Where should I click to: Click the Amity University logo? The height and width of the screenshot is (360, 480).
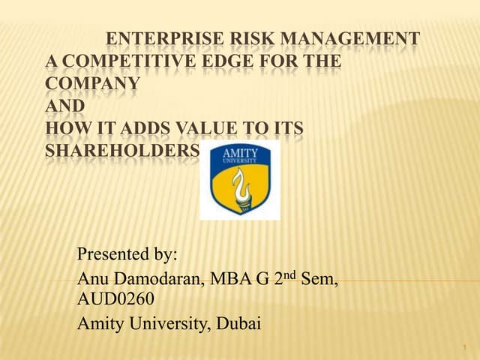pyautogui.click(x=239, y=180)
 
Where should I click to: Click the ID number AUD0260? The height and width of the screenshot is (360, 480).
pyautogui.click(x=116, y=300)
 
